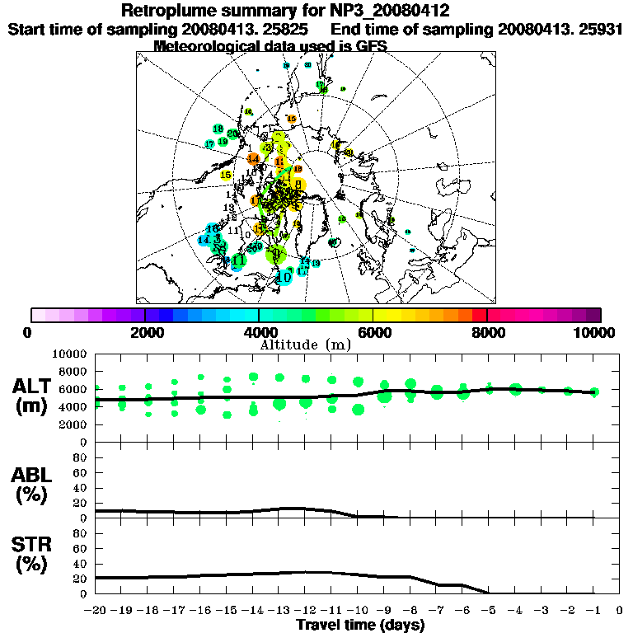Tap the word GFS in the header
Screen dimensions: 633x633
(x=371, y=46)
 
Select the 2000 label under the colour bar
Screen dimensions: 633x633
(x=144, y=332)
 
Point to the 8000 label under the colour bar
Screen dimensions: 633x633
(x=487, y=332)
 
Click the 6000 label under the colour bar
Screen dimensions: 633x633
(x=373, y=332)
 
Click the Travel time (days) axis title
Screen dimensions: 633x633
(x=360, y=625)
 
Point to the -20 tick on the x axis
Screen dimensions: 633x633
(x=96, y=611)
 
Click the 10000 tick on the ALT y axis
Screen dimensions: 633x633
(x=71, y=354)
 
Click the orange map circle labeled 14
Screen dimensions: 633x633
(x=253, y=158)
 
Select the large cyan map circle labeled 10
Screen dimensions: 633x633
(x=284, y=278)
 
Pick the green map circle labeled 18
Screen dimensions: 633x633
(x=218, y=129)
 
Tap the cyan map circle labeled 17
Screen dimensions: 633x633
(x=209, y=144)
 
